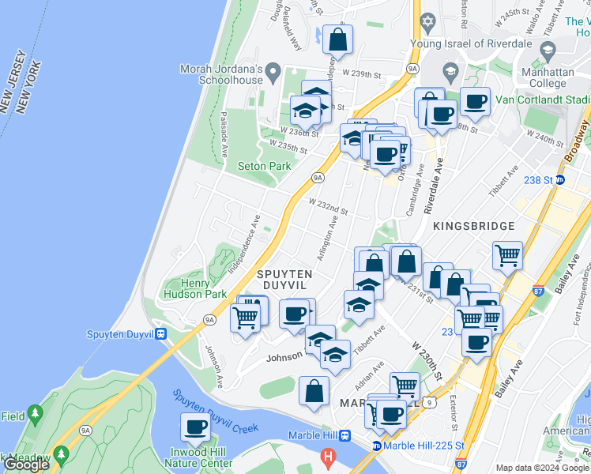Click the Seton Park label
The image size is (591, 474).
tap(265, 166)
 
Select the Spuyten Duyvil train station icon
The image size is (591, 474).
tap(160, 334)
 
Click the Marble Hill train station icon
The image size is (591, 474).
tap(345, 435)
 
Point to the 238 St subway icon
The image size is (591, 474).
tap(560, 179)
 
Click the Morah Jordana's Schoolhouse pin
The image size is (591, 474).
tap(273, 74)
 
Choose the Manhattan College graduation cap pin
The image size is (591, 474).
tap(548, 51)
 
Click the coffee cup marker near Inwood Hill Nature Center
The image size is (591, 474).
tap(195, 427)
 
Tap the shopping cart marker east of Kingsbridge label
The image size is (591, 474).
tap(507, 255)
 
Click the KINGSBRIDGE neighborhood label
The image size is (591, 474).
tap(473, 226)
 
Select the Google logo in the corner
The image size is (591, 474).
tap(25, 465)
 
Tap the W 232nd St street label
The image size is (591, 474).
tap(328, 207)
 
